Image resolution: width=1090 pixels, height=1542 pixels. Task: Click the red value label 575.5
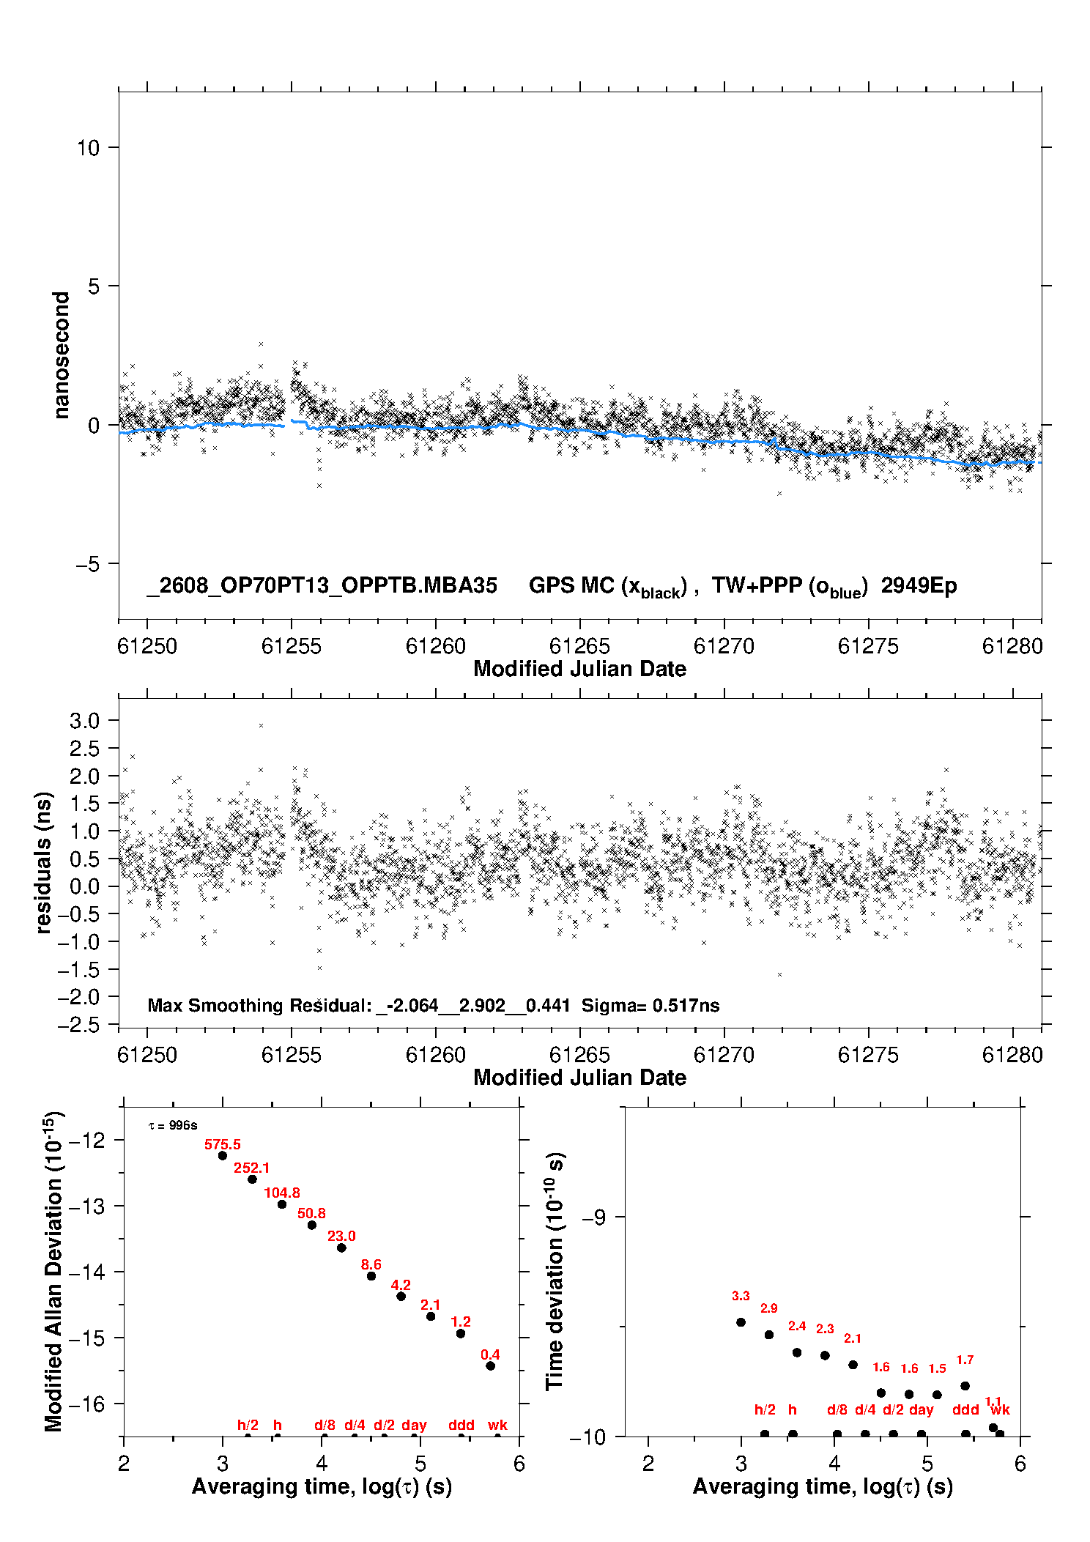[223, 1144]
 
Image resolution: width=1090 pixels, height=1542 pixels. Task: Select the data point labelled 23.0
[341, 1248]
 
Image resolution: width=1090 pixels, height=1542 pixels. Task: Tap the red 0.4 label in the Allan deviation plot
[490, 1354]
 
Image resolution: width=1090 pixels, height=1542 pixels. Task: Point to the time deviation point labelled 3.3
[741, 1322]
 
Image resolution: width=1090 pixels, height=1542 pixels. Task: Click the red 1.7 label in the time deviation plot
[965, 1360]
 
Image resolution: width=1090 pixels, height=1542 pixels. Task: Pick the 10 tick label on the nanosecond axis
[88, 148]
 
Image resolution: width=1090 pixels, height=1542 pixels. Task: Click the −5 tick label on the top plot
[87, 564]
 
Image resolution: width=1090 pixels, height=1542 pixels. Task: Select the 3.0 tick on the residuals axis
[84, 721]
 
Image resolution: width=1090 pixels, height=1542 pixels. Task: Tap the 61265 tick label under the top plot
[579, 646]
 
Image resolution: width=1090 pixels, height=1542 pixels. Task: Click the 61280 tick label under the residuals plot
[1012, 1055]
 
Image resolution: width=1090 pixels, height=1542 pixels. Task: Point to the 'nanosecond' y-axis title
[61, 355]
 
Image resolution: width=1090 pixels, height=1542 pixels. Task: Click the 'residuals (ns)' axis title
[44, 863]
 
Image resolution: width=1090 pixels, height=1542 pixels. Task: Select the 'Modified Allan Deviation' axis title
[53, 1272]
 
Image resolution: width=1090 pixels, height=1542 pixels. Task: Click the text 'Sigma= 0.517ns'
[650, 1005]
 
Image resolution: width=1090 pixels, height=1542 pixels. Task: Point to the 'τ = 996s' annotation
[173, 1125]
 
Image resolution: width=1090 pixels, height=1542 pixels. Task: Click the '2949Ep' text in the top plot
[919, 586]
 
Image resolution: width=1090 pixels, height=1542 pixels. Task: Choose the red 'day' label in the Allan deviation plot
[414, 1425]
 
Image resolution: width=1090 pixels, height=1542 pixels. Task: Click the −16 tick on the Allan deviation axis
[86, 1404]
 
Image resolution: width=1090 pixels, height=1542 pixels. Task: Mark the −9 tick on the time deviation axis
[594, 1217]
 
